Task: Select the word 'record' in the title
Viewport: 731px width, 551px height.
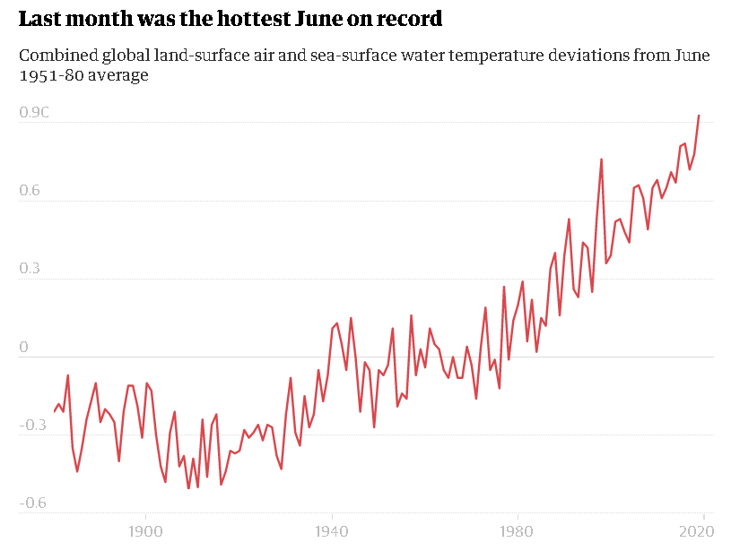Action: pos(413,19)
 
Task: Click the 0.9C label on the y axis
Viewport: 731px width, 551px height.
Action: pos(34,113)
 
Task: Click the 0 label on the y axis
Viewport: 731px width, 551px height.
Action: pos(23,348)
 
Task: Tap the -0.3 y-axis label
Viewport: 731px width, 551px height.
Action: pos(34,426)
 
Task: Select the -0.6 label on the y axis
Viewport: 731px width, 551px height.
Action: pos(34,504)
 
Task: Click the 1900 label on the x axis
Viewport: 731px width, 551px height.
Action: pos(145,531)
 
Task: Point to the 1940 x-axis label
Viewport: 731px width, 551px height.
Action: pos(332,531)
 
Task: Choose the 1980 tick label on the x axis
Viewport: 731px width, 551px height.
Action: pos(518,531)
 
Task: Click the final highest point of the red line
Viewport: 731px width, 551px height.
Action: pos(699,116)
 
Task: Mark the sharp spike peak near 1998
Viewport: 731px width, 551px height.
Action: pos(601,159)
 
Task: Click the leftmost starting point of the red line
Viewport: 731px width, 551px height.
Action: pos(54,411)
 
